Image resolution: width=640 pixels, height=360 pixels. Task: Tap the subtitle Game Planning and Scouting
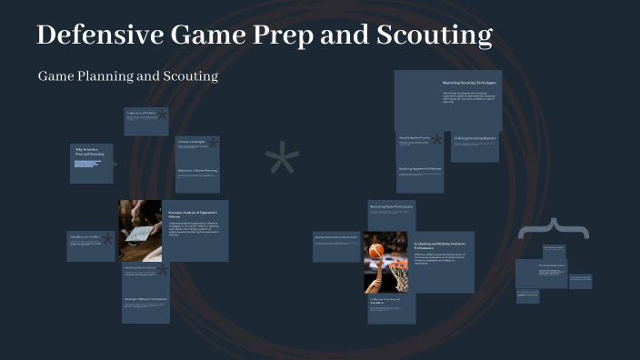128,76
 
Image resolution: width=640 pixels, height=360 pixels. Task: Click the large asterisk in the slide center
283,161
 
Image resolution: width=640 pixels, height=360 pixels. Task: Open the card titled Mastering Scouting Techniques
469,83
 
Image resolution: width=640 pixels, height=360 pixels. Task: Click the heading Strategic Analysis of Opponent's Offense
193,215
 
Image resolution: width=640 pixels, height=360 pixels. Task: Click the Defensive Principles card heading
192,142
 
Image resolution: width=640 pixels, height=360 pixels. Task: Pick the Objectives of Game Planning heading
196,170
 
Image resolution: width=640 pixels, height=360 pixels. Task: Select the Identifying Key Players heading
414,138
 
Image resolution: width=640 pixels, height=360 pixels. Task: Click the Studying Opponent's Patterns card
418,168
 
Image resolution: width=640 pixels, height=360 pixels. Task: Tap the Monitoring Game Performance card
392,207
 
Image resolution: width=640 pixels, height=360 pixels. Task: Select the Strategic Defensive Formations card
145,299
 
